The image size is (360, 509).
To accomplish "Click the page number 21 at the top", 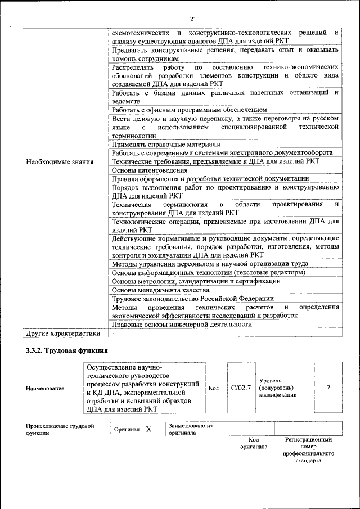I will point(192,19).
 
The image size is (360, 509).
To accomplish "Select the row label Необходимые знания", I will point(56,161).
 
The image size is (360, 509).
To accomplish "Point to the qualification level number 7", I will point(328,388).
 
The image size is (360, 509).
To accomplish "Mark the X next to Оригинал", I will point(148,429).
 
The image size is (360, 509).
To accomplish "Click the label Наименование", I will point(44,388).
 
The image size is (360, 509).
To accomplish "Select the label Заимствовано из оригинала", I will point(190,430).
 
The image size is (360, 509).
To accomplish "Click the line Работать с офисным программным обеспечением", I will point(189,110).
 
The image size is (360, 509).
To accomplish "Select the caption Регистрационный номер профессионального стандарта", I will point(308,450).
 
